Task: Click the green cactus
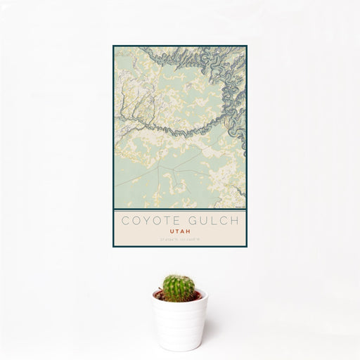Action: pos(179,288)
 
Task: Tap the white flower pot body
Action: pos(179,323)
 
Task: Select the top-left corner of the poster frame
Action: pos(112,45)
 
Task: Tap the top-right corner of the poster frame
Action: pos(248,45)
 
